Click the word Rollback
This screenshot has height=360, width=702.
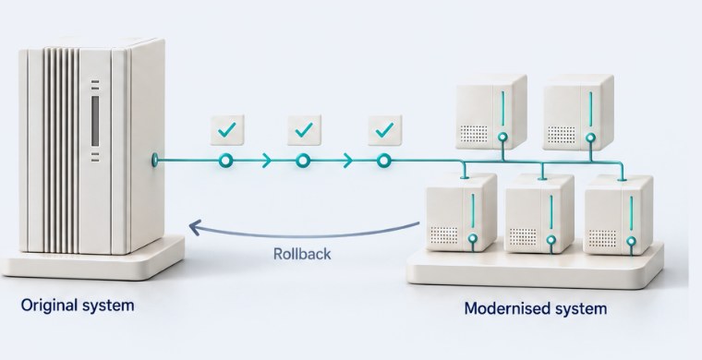tap(302, 254)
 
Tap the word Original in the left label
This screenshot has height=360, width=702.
tap(49, 306)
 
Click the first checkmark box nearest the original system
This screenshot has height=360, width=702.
tap(227, 130)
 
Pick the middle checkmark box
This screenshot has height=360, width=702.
tap(304, 130)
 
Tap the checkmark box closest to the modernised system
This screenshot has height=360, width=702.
tap(384, 130)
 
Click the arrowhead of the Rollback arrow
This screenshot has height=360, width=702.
tap(195, 227)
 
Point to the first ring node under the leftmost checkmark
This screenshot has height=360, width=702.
tap(226, 161)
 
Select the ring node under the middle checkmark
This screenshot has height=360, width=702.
tap(303, 161)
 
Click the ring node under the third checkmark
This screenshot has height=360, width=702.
tap(383, 161)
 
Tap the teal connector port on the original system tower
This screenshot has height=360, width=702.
tap(155, 160)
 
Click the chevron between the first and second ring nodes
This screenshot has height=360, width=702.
tap(267, 161)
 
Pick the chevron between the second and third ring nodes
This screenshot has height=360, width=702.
tap(347, 161)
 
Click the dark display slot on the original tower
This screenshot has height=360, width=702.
tap(95, 121)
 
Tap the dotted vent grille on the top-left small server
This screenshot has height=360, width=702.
tap(474, 134)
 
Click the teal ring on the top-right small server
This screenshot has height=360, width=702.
tap(591, 138)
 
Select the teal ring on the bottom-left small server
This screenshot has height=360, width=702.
tap(473, 239)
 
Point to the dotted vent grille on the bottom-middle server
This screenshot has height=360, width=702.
tap(524, 237)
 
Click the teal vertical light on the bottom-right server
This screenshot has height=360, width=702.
tap(631, 213)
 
